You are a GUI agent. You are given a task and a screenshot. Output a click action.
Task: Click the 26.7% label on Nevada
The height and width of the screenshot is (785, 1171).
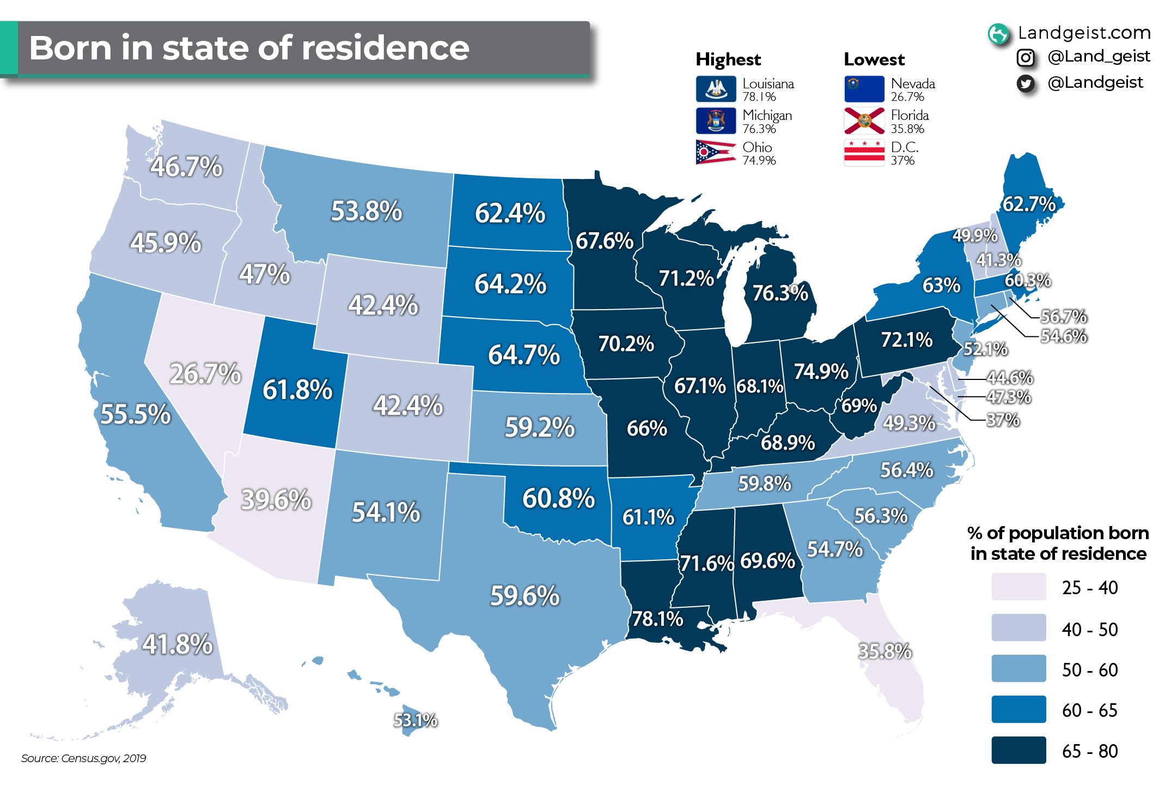pos(205,373)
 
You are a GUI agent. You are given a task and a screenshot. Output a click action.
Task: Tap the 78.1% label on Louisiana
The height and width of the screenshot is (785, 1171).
pos(657,619)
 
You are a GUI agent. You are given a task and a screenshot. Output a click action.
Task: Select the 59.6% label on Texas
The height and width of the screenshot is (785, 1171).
pos(524,595)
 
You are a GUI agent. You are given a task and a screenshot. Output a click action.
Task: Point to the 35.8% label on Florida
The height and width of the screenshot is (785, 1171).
pos(885,651)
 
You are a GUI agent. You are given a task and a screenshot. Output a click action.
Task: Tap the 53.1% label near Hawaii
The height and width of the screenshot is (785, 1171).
pos(415,720)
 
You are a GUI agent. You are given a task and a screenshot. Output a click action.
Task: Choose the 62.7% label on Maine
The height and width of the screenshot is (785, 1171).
pos(1029,204)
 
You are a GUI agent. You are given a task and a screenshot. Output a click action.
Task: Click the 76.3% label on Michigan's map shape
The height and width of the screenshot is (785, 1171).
pos(780,293)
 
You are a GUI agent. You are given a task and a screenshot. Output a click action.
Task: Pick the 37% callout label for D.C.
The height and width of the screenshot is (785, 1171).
pos(1003,420)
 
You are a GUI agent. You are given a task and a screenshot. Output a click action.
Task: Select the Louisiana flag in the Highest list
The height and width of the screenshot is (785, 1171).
pos(716,89)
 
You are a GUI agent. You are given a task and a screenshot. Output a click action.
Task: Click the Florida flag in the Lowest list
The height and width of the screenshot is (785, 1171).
pos(864,121)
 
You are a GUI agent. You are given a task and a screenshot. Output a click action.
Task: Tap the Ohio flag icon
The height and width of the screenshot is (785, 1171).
pos(716,153)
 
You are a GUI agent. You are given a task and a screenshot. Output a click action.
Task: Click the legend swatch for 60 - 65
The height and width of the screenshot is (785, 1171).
pos(1018,709)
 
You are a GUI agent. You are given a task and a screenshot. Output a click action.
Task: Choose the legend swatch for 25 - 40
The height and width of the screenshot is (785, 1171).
pos(1018,587)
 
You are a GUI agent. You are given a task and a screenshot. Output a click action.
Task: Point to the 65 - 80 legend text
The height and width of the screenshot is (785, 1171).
pos(1089,751)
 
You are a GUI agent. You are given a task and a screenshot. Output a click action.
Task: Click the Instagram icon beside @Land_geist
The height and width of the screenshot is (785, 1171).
pos(1026,57)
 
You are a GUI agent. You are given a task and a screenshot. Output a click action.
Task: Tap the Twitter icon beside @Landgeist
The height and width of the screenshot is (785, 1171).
pos(1026,83)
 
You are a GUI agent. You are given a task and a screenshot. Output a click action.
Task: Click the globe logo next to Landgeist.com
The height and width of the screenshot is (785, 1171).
pos(998,34)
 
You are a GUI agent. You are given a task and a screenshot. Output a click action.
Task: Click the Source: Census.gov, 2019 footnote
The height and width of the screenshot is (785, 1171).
pos(83,758)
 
